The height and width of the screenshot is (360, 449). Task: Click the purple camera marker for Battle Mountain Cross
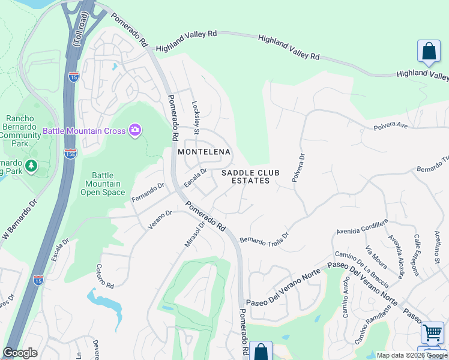click(135, 130)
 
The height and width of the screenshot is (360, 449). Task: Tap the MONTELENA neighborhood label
click(204, 152)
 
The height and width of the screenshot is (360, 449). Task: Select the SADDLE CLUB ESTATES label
click(246, 176)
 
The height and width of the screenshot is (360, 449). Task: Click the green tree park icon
click(30, 165)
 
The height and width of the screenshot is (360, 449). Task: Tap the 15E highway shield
click(70, 153)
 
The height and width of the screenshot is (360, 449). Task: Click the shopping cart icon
click(432, 332)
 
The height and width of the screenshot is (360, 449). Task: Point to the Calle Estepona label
click(416, 254)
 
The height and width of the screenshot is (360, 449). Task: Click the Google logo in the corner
click(20, 353)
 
